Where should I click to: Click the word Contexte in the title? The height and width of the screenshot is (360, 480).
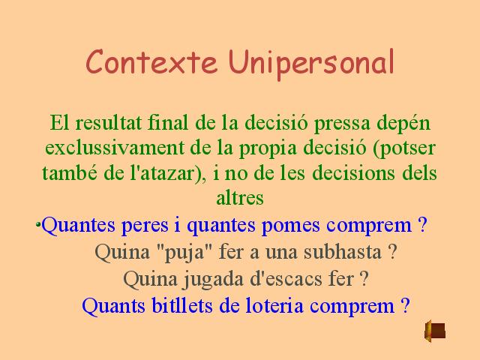[x=151, y=61]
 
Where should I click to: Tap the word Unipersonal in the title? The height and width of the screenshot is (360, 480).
[x=311, y=64]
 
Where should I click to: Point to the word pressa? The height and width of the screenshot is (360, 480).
[x=342, y=124]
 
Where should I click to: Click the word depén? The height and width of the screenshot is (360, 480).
[x=403, y=124]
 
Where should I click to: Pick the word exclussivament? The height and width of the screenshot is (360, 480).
[x=115, y=148]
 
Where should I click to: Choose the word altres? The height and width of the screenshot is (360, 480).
[x=240, y=198]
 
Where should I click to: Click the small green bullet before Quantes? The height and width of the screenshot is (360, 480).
[x=38, y=224]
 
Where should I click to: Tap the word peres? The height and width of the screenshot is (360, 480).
[x=145, y=226]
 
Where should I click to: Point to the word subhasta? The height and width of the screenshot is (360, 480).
[x=343, y=252]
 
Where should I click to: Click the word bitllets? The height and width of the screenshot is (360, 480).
[x=181, y=305]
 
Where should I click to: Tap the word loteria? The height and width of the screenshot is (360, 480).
[x=274, y=305]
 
